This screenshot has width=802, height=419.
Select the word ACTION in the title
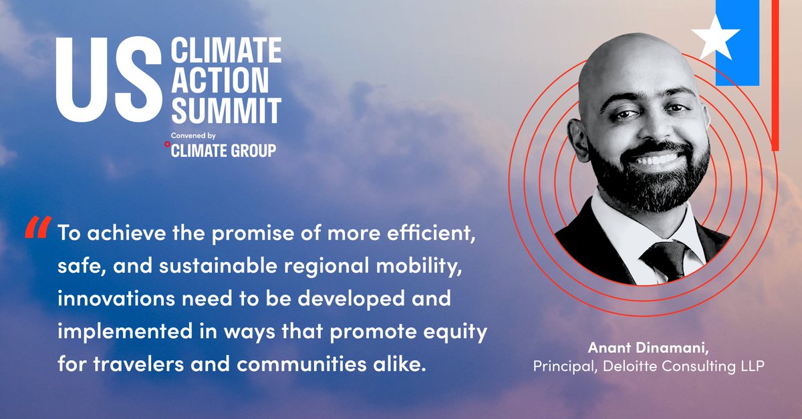[x=220, y=80]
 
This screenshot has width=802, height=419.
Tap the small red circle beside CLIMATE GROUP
[x=167, y=143]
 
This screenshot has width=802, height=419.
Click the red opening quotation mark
[x=37, y=229]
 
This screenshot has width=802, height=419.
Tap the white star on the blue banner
[x=715, y=35]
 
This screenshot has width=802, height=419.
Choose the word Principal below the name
[x=560, y=366]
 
